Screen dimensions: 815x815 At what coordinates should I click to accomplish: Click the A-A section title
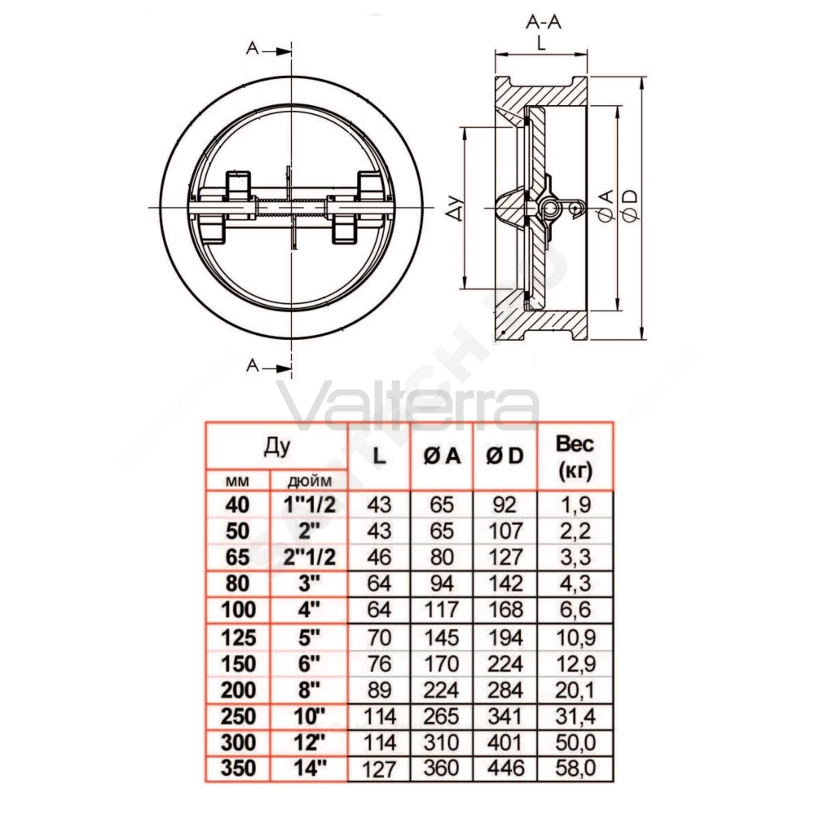pyautogui.click(x=544, y=22)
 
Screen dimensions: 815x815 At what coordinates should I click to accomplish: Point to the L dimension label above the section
pyautogui.click(x=542, y=43)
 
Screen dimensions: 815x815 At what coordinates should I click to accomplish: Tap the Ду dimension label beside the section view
pyautogui.click(x=456, y=208)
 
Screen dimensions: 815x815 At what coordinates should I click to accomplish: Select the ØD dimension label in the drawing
pyautogui.click(x=630, y=206)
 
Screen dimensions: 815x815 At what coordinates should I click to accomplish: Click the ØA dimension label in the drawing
pyautogui.click(x=607, y=206)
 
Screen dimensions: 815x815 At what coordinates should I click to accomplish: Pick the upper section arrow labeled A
pyautogui.click(x=268, y=49)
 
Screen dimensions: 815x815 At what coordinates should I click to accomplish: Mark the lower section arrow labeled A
pyautogui.click(x=268, y=366)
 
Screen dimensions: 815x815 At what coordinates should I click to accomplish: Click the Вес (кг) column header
pyautogui.click(x=575, y=457)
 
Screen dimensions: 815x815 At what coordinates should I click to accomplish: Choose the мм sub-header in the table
pyautogui.click(x=237, y=482)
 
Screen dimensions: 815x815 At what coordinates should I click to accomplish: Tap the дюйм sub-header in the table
pyautogui.click(x=309, y=482)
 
